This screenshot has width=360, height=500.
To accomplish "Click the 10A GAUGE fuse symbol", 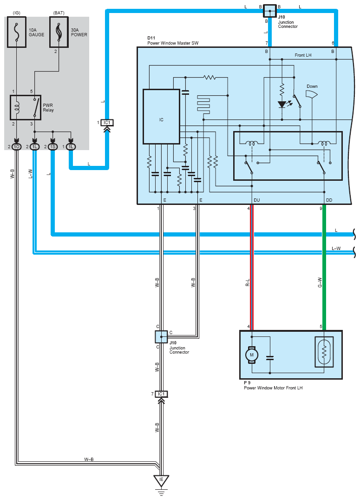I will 17,33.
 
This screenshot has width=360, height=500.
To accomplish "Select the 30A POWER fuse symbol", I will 59,33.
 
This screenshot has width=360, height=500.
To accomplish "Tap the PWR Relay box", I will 25,107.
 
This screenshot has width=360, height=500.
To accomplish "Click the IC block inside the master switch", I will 161,117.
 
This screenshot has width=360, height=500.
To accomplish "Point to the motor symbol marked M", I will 252,355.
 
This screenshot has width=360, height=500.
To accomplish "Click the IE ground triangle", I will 161,480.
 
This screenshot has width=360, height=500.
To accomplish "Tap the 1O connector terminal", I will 17,147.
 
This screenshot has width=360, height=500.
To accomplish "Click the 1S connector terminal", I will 52,147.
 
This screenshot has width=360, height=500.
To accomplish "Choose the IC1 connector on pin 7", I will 161,394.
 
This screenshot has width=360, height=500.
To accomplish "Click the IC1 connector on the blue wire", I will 107,123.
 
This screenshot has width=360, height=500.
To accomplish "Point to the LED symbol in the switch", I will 281,104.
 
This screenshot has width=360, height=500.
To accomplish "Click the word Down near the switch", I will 312,86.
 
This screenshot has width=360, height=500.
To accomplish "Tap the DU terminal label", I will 257,200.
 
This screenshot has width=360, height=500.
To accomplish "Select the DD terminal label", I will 329,200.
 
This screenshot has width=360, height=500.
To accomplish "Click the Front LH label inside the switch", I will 303,55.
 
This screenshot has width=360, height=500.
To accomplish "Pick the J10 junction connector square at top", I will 269,10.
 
